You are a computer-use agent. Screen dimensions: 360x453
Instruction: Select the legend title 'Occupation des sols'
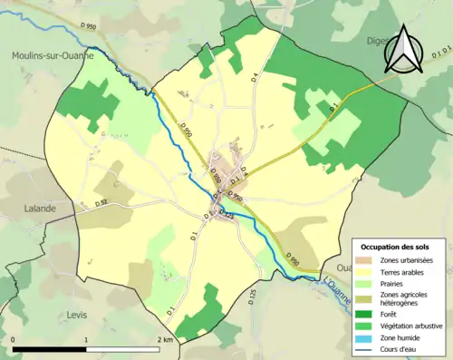395,247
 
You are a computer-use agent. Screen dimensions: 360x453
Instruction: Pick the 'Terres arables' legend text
407,271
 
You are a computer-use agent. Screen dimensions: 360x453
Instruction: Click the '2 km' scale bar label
164,339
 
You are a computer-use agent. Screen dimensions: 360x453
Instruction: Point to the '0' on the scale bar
13,339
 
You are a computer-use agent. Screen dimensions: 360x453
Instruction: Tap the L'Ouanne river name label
339,284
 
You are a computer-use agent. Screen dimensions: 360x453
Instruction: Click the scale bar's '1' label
86,339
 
